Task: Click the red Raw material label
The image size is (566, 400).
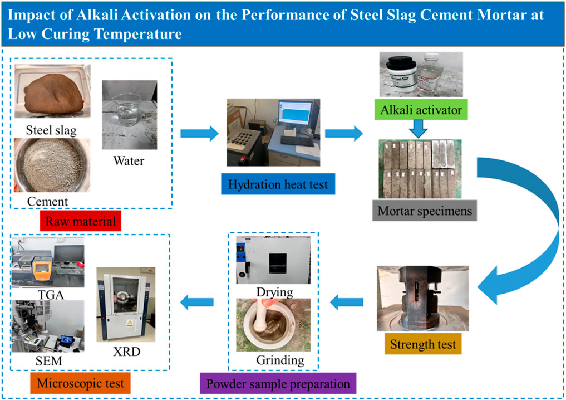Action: [81, 221]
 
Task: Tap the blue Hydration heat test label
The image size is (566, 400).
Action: [278, 184]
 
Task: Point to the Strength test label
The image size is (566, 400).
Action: [423, 344]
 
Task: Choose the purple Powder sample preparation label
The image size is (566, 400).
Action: [278, 384]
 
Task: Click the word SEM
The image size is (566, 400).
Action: [47, 361]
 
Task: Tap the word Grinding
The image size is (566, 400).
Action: [280, 360]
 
